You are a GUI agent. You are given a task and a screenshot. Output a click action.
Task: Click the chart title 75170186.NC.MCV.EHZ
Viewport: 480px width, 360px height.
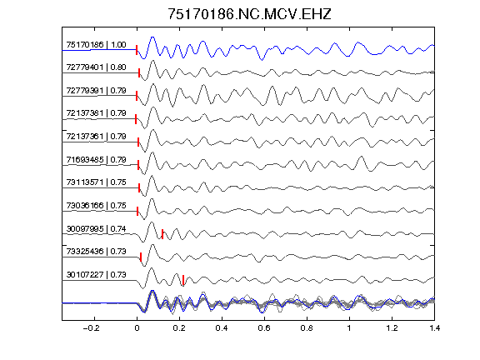249,14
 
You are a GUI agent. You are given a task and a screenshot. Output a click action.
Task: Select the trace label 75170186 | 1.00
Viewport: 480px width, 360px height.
96,45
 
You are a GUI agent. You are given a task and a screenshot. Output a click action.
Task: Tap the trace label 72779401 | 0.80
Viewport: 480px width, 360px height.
96,67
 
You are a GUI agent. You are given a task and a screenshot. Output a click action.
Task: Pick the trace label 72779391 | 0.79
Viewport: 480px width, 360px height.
96,91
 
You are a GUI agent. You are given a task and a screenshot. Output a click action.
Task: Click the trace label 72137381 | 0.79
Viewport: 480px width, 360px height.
96,113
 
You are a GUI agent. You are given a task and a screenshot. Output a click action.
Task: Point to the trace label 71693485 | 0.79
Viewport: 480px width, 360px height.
96,160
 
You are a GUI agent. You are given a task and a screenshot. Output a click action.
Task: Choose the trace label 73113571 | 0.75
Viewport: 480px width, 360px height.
96,182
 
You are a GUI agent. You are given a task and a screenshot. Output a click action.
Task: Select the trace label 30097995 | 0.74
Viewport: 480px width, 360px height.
96,229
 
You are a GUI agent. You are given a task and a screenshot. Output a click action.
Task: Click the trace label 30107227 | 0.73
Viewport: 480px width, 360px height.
96,275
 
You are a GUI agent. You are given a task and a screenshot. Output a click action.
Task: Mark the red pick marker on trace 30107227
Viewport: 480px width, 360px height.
183,280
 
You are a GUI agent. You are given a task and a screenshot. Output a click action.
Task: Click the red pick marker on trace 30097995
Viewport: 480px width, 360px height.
162,234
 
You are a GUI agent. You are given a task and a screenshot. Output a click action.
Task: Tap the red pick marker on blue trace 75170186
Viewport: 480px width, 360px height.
137,50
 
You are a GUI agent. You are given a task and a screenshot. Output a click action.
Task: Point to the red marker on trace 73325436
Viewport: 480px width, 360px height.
141,257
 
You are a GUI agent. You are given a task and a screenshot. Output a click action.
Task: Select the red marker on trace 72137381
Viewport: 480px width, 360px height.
136,119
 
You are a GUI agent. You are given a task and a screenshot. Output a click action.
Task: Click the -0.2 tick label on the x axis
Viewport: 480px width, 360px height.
91,328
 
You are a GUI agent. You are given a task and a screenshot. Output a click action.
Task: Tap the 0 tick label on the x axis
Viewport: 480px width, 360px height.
137,328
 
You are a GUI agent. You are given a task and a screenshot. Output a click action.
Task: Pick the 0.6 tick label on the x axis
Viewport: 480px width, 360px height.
264,328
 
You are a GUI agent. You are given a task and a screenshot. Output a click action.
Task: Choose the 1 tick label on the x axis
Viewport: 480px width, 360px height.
349,328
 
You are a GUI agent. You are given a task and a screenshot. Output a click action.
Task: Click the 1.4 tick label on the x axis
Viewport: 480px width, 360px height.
434,328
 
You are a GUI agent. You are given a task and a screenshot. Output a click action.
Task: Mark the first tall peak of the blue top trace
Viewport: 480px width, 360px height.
152,37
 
